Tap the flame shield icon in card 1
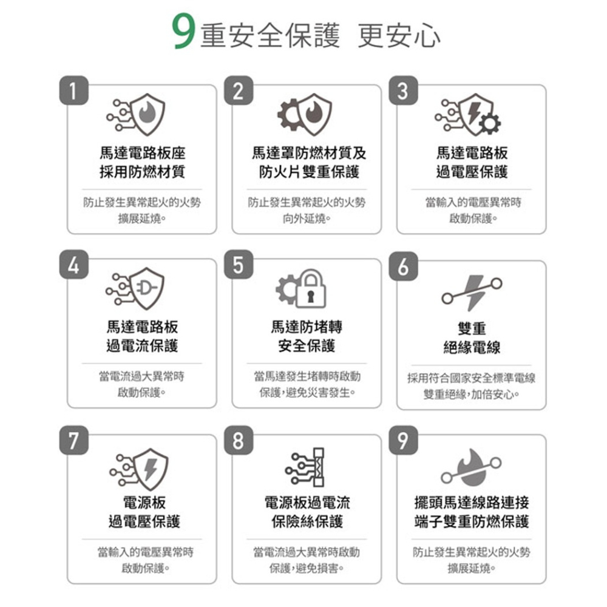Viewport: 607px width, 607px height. [148, 115]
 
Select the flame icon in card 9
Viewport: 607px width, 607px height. [472, 466]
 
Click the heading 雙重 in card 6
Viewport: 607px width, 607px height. [472, 328]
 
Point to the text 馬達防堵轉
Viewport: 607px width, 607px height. [307, 327]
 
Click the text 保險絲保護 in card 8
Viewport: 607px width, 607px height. [307, 521]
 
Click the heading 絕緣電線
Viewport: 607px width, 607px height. [472, 347]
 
